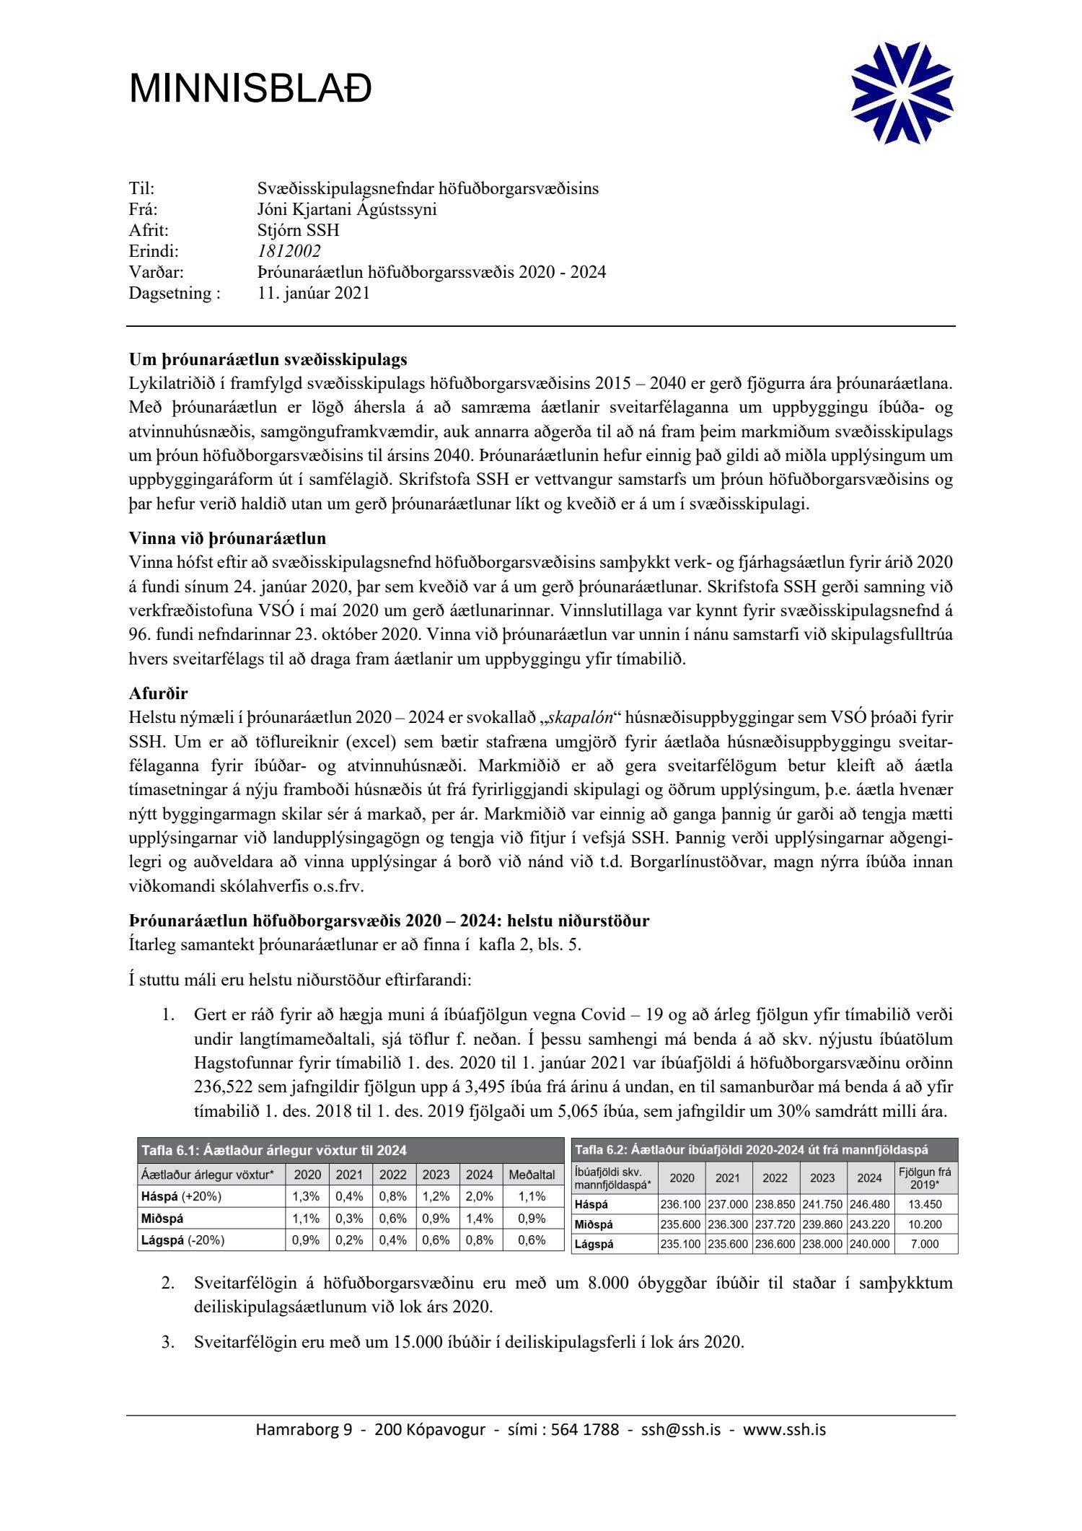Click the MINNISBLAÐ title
coord(250,89)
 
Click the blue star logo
coord(902,93)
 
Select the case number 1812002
coord(289,251)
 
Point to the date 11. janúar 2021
coord(313,293)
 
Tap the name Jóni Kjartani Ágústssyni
coord(346,209)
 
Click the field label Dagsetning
coord(174,293)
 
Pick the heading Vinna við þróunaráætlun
coord(227,538)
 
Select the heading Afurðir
coord(158,693)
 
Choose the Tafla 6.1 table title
coord(274,1151)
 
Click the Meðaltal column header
coord(532,1175)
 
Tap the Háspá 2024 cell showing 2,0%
coord(479,1196)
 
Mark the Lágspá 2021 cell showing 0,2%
coord(349,1240)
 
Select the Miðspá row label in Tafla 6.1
coord(162,1219)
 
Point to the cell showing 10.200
coord(925,1224)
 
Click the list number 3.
coord(167,1342)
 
